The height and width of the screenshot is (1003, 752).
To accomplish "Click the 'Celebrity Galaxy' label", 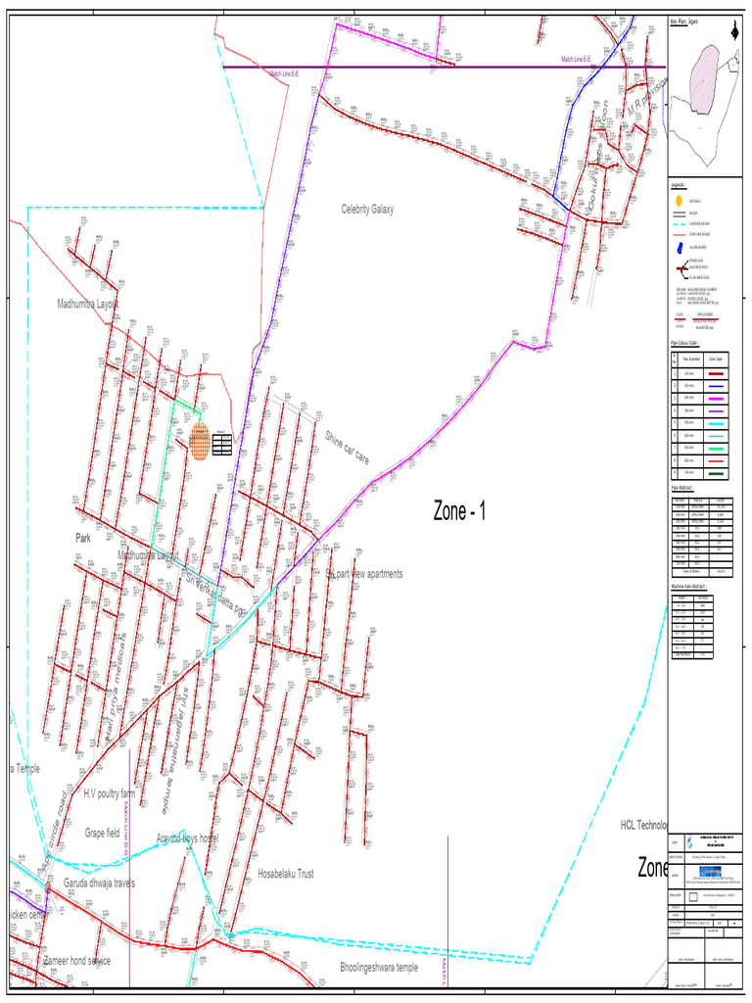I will (x=367, y=209).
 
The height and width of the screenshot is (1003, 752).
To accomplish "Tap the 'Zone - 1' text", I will (x=459, y=510).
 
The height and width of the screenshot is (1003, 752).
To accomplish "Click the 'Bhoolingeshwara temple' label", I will (x=378, y=967).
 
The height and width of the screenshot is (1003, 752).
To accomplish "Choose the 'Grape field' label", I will (x=102, y=833).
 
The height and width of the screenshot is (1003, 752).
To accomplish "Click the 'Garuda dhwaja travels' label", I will (x=99, y=884).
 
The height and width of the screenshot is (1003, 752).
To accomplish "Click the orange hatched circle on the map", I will (x=199, y=442).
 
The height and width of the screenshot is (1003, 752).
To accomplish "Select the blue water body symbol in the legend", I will (x=678, y=249).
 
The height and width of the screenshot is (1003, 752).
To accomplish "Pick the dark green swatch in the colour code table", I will (x=717, y=473).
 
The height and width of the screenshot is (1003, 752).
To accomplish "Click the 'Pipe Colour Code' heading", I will (x=683, y=343).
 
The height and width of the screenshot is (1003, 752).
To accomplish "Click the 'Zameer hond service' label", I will (x=76, y=961).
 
